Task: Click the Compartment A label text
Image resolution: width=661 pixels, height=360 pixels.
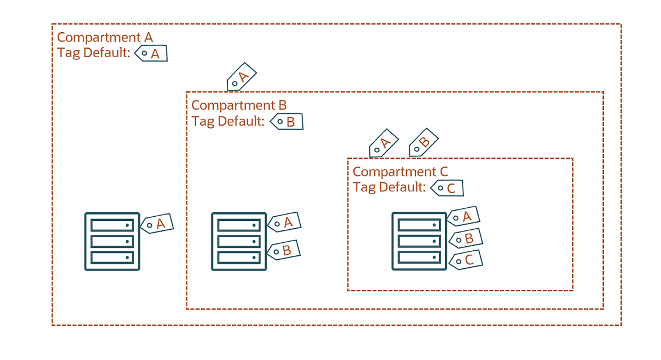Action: pyautogui.click(x=105, y=38)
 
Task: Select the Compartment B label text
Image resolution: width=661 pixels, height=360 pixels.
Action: pyautogui.click(x=239, y=105)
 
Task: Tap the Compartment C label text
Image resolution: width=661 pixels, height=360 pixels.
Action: pyautogui.click(x=400, y=172)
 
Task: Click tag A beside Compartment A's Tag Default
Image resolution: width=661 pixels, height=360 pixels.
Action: pyautogui.click(x=151, y=53)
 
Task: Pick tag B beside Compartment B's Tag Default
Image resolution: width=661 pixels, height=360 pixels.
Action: pyautogui.click(x=287, y=122)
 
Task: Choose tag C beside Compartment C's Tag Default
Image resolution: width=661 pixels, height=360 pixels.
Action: pyautogui.click(x=447, y=188)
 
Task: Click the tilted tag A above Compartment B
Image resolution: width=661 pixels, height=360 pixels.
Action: pyautogui.click(x=241, y=77)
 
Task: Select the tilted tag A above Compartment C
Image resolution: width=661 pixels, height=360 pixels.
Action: pyautogui.click(x=383, y=144)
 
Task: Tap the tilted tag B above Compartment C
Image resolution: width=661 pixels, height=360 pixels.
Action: pyautogui.click(x=423, y=143)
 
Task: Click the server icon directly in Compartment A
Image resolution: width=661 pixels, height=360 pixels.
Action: pyautogui.click(x=112, y=241)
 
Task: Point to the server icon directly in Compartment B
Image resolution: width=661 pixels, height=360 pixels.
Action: pyautogui.click(x=238, y=241)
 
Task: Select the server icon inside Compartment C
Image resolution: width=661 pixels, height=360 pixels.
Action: pyautogui.click(x=419, y=241)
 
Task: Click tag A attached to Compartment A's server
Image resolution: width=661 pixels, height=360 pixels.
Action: pyautogui.click(x=156, y=224)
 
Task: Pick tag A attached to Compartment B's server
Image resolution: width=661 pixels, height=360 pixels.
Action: pyautogui.click(x=284, y=223)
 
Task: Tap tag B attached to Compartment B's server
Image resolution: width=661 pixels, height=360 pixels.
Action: pyautogui.click(x=283, y=250)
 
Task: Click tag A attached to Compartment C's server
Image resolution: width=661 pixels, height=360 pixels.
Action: pyautogui.click(x=464, y=217)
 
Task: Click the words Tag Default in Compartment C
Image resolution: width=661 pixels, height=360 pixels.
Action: pyautogui.click(x=389, y=187)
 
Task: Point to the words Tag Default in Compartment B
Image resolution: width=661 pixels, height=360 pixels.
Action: pyautogui.click(x=228, y=121)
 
